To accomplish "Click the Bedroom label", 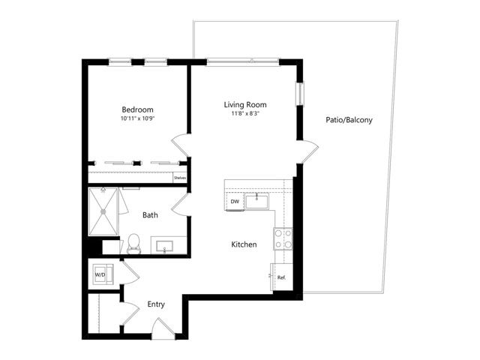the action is click(x=137, y=109).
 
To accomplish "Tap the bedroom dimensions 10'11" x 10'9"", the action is click(x=138, y=118).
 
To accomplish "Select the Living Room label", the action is click(x=245, y=105).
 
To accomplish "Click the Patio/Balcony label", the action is click(x=349, y=120).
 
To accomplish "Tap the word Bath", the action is click(x=150, y=215).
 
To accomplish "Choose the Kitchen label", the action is click(x=244, y=244).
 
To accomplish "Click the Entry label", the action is click(x=156, y=304).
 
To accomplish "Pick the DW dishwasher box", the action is click(x=235, y=202).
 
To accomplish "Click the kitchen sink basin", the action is click(x=256, y=202).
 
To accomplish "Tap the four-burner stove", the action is click(x=283, y=238).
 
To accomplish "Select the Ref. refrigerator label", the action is click(x=282, y=277).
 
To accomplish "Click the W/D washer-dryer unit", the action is click(x=103, y=274).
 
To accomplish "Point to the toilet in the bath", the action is click(x=133, y=244).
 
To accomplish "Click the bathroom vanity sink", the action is click(x=165, y=247).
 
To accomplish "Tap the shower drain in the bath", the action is click(x=103, y=211).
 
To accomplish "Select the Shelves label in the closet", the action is click(x=180, y=178).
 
